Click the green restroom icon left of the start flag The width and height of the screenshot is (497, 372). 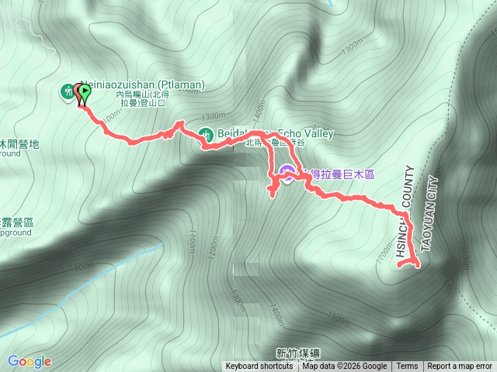tap(67, 92)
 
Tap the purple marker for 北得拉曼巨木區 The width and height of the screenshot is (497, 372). tap(287, 173)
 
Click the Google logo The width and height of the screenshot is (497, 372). tap(30, 361)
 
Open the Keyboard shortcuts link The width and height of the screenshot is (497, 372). tap(259, 367)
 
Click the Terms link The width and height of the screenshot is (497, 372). tap(407, 367)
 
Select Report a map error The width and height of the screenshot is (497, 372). tap(460, 367)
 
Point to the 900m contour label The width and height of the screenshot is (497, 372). tap(84, 267)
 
